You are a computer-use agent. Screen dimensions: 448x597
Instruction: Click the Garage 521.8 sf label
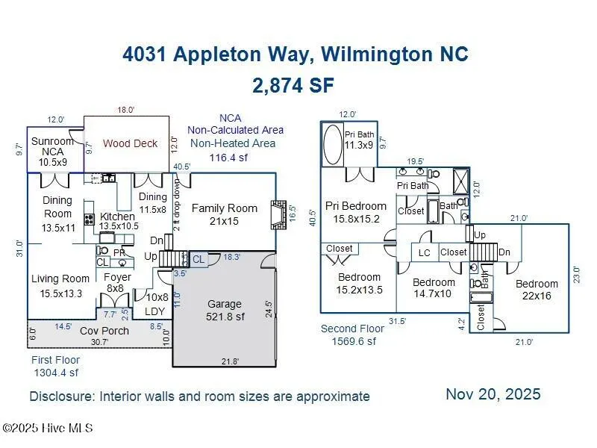(x=225, y=310)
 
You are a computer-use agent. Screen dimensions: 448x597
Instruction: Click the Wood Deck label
(x=131, y=143)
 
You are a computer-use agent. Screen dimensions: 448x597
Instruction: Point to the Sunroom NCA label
(x=53, y=151)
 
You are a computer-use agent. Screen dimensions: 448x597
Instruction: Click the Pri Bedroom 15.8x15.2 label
(x=356, y=212)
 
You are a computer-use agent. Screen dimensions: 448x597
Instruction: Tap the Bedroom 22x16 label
(x=537, y=290)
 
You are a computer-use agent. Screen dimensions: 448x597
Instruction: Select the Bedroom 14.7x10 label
(x=434, y=288)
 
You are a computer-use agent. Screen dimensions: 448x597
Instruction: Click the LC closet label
(x=424, y=253)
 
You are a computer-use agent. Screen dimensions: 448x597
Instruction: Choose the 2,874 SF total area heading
(x=293, y=85)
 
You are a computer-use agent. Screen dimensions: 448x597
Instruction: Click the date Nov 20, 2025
(x=493, y=394)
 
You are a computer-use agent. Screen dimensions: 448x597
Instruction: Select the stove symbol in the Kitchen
(x=88, y=220)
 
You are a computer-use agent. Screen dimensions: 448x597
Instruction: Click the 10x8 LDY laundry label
(x=156, y=303)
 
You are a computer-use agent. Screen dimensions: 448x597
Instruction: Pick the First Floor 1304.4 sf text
(x=55, y=366)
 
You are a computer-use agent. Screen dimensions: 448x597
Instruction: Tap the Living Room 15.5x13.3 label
(x=60, y=285)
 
